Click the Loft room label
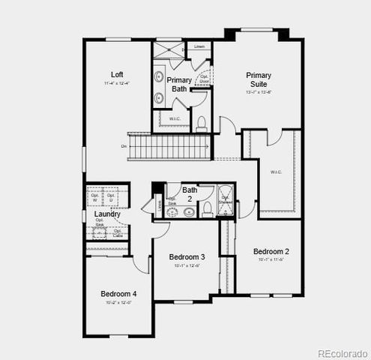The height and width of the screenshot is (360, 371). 117,74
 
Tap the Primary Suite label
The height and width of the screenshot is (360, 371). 259,79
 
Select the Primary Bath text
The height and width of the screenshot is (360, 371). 179,84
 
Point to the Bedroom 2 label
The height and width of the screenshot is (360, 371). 271,251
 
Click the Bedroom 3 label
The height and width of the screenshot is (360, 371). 187,256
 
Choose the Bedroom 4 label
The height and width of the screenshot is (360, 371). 118,293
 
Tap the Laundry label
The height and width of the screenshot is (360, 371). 108,214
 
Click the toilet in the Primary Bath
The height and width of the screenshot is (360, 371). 201,124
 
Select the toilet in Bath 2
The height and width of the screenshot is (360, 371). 187,212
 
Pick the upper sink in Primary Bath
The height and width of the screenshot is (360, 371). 160,77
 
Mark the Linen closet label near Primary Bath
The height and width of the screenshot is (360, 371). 199,46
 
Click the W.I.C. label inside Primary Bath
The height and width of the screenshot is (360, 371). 174,118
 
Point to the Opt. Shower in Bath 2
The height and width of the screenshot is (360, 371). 225,201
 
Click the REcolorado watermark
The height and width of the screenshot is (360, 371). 342,352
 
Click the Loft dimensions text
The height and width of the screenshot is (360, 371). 117,83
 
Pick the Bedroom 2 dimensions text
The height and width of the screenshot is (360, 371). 271,260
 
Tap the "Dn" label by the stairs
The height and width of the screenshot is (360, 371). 124,146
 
